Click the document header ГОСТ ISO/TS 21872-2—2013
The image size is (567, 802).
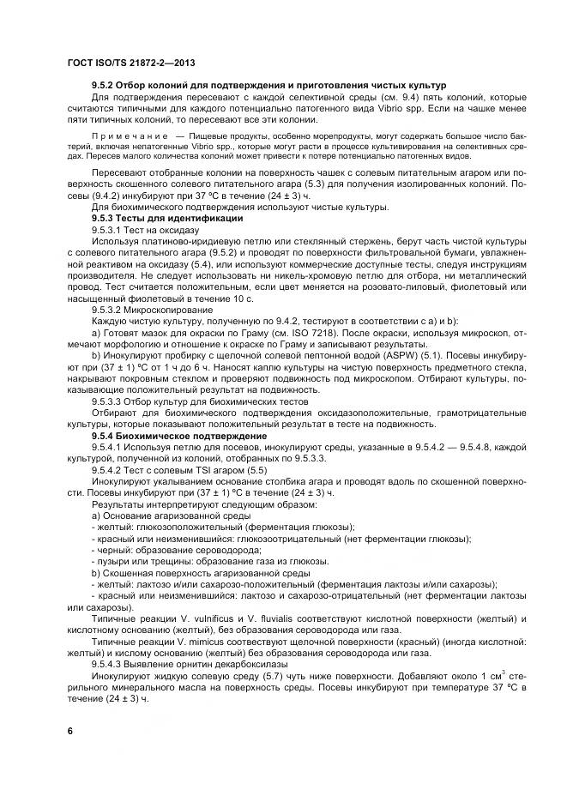click(x=131, y=63)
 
